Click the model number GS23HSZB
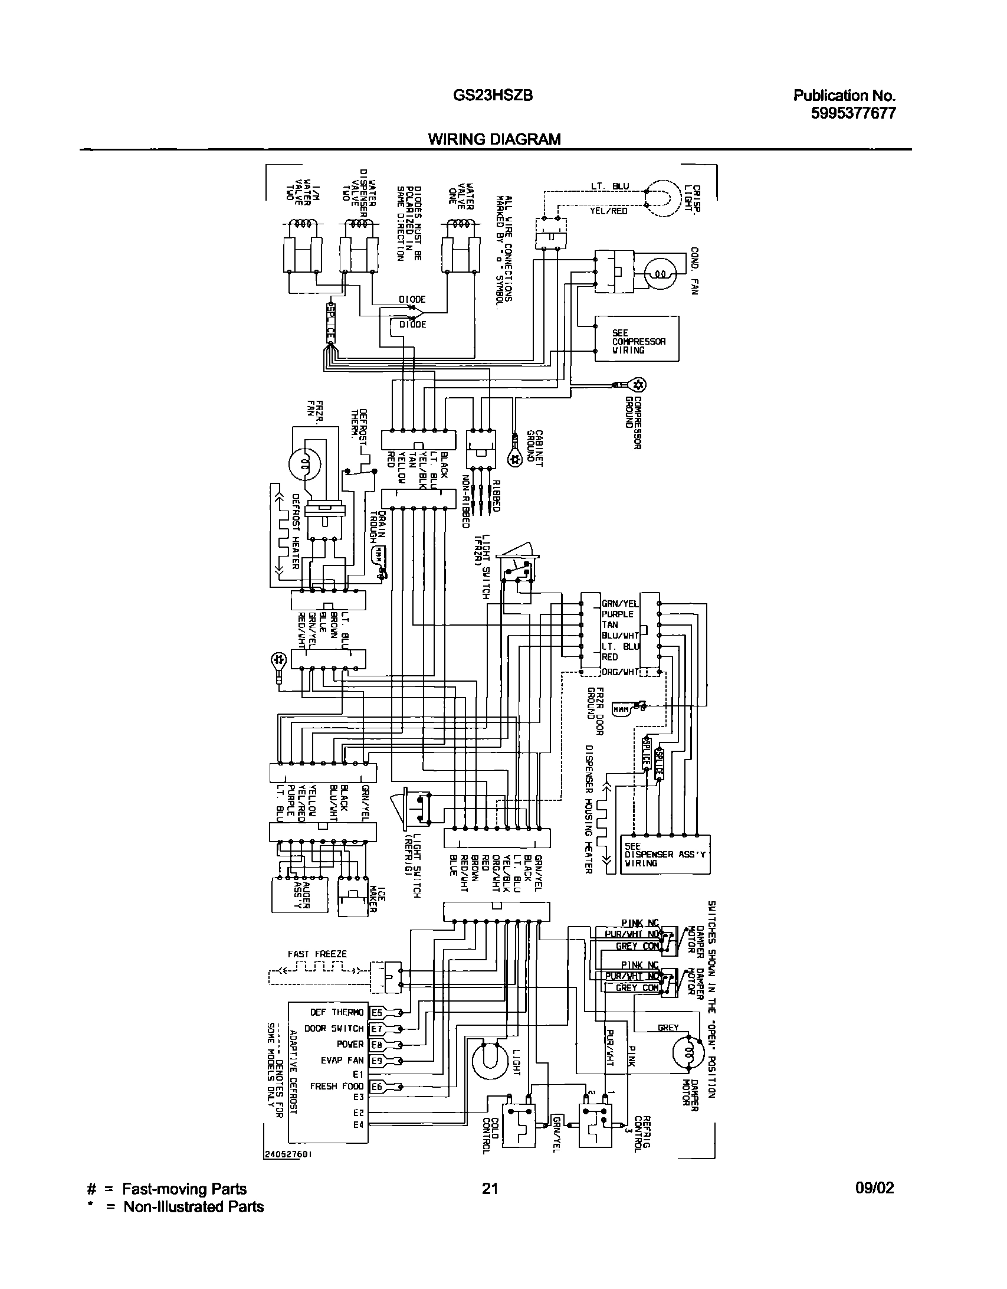pos(489,95)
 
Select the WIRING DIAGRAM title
pos(494,139)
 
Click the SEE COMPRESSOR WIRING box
pos(637,338)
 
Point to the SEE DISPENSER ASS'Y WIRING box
pos(666,854)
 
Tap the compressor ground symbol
pos(637,385)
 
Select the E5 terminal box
pos(376,1013)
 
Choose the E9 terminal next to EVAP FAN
pos(376,1061)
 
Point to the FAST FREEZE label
pos(317,954)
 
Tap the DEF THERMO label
pos(337,1013)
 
